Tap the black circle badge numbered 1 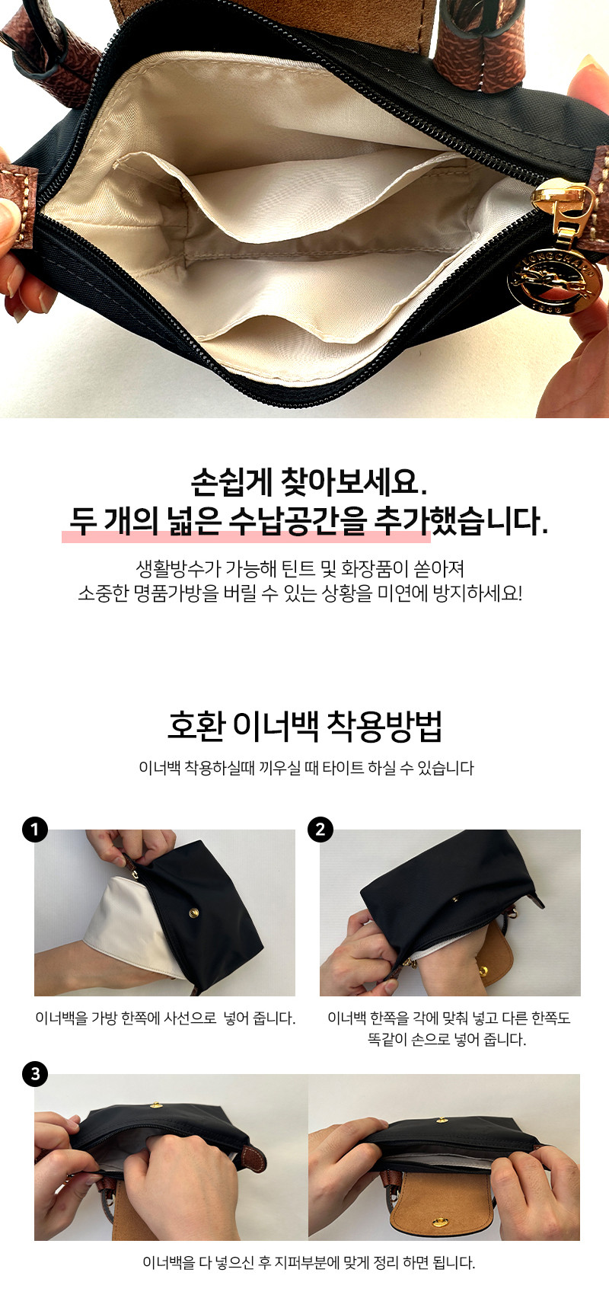click(35, 829)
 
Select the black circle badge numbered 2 click(320, 829)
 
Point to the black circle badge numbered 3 click(35, 1074)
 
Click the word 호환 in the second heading click(196, 726)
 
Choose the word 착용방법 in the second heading click(384, 726)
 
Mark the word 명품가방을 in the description click(176, 593)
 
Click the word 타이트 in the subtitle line click(343, 768)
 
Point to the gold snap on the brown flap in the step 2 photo click(482, 971)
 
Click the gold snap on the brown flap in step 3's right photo click(439, 1223)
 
